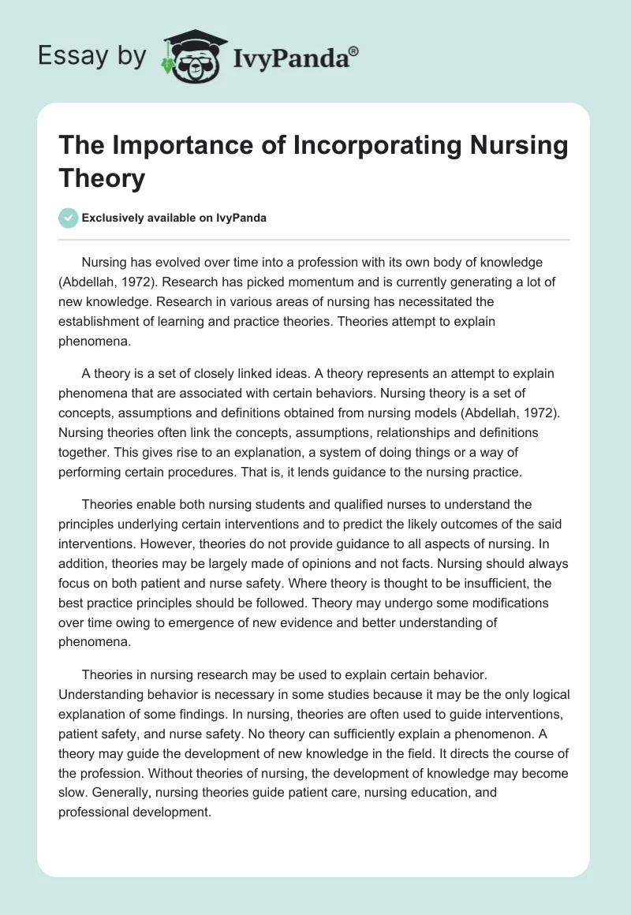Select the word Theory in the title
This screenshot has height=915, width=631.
[101, 177]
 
